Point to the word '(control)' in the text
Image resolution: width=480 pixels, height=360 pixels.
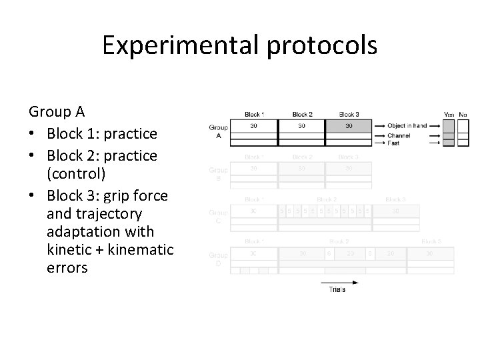77,173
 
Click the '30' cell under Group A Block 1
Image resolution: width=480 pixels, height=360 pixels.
254,125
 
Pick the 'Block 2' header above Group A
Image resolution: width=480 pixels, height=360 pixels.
302,114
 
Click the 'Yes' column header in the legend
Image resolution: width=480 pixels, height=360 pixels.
449,114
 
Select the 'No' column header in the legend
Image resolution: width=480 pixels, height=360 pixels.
463,114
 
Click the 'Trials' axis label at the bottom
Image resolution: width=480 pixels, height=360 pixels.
338,289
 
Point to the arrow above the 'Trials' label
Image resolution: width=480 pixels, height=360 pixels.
339,282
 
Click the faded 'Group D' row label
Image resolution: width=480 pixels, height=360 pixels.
218,259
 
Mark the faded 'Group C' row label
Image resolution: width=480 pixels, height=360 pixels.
218,215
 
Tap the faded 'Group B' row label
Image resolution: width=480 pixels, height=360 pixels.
218,173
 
